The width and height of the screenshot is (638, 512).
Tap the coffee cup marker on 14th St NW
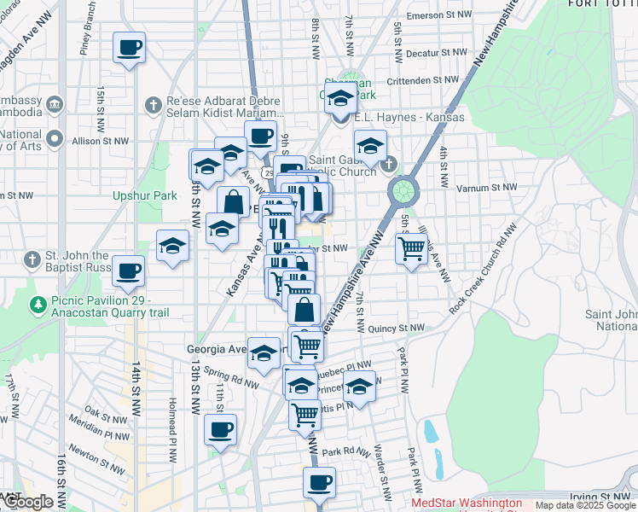(x=128, y=271)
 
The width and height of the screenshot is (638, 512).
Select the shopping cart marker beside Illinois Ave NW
(x=411, y=248)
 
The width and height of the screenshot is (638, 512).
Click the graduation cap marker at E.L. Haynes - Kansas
(x=340, y=97)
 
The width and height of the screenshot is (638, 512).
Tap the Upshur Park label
(x=145, y=195)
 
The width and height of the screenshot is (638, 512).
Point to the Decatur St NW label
(x=438, y=52)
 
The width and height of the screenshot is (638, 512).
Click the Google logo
(x=29, y=502)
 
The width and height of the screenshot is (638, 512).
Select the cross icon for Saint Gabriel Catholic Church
(x=390, y=164)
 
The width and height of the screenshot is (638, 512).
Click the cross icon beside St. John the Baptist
(x=32, y=259)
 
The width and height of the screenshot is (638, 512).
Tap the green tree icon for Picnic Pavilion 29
(x=38, y=304)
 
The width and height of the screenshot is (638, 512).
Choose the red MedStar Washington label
(x=467, y=503)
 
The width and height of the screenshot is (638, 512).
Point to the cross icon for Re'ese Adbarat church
(x=154, y=105)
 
